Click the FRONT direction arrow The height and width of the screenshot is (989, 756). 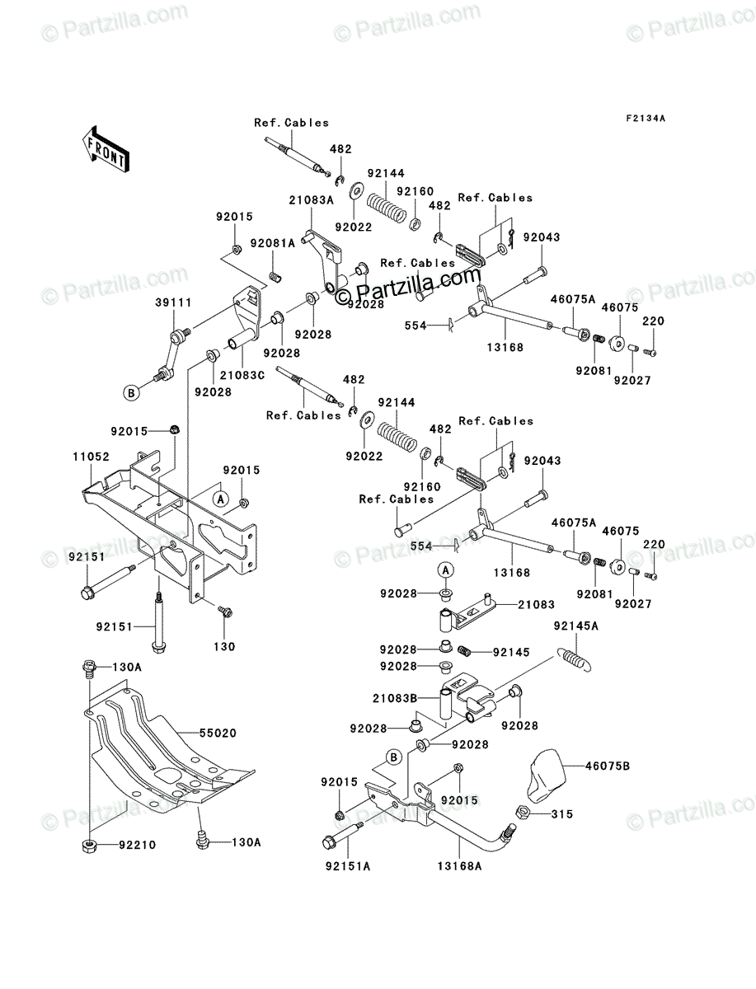(106, 148)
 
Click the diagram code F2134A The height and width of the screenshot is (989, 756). (646, 119)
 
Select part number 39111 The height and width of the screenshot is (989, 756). (173, 302)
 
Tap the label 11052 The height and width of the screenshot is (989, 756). (91, 457)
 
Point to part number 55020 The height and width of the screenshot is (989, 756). (218, 734)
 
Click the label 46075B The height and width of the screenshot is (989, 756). (608, 766)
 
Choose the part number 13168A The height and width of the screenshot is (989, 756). (459, 866)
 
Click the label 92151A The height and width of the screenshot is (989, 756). (348, 866)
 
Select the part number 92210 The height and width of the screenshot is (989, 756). (138, 846)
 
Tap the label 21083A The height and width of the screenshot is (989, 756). (312, 200)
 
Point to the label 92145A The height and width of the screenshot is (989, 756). (575, 626)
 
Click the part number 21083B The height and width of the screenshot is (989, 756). (395, 698)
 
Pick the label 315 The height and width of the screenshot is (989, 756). (561, 814)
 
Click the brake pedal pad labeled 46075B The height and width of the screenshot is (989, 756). (546, 776)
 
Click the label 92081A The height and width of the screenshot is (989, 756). (273, 243)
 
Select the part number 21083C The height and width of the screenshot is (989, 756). (242, 375)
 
